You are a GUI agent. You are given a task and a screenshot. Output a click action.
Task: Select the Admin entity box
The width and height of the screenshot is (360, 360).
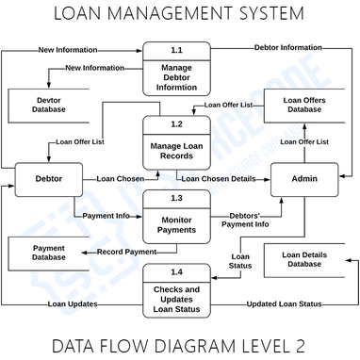(303, 178)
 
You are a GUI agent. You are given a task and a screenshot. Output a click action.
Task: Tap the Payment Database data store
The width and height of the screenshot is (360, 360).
(45, 252)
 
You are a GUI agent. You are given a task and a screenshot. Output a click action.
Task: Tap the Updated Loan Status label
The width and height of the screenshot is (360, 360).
(284, 303)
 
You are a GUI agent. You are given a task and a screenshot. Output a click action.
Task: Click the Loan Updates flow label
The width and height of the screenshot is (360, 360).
(73, 303)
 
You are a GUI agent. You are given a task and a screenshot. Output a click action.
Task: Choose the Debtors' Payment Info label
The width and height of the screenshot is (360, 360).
(244, 219)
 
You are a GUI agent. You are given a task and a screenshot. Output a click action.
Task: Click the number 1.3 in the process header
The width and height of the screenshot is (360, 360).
(175, 199)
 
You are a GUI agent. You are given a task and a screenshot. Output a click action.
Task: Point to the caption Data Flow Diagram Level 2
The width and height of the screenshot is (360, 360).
(179, 342)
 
